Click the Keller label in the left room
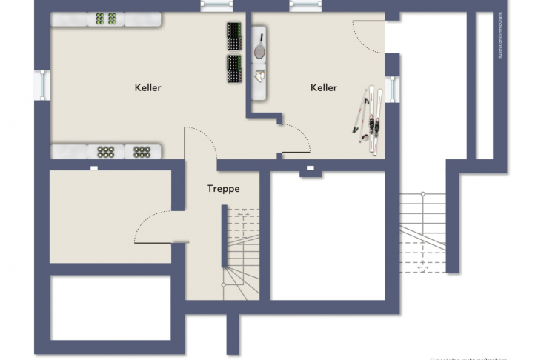[x=147, y=87]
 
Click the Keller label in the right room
[x=323, y=87]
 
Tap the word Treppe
[x=222, y=189]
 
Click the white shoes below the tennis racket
[x=259, y=76]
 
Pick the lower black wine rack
[x=235, y=69]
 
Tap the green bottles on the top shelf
[x=106, y=19]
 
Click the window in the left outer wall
[x=42, y=84]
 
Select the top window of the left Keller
[x=216, y=6]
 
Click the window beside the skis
[x=393, y=89]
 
